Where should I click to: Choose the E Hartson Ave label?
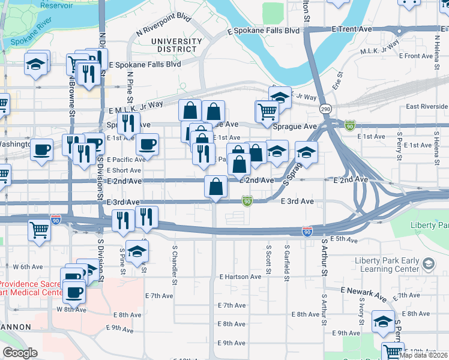[x=240, y=277]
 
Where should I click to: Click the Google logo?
[x=20, y=353]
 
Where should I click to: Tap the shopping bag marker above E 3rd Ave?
[x=215, y=187]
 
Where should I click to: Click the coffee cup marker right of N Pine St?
[x=147, y=144]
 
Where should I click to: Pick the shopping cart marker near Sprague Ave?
[x=267, y=111]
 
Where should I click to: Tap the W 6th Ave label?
[x=29, y=266]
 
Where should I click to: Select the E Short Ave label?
[x=125, y=170]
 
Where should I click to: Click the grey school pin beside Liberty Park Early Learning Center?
[x=429, y=263]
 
